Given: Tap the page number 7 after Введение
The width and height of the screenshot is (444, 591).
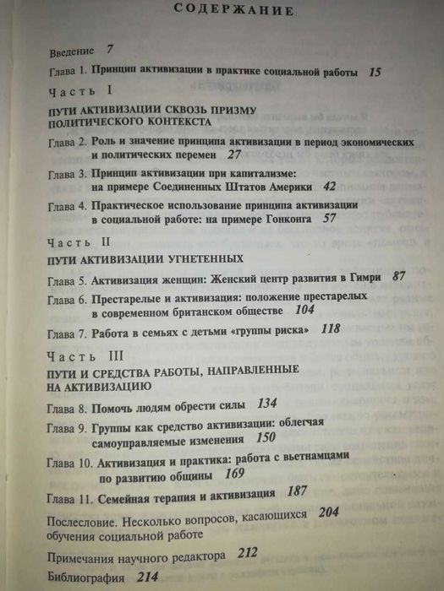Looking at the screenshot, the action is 110,50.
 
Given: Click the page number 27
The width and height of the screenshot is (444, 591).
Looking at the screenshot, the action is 234,155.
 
